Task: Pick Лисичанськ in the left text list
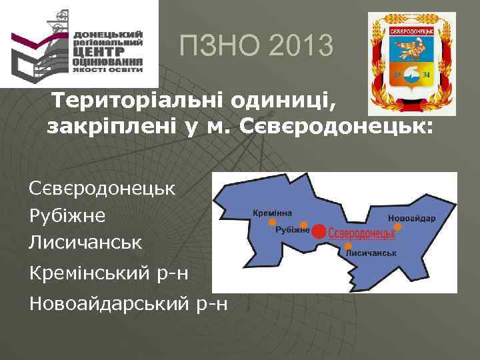click(x=85, y=242)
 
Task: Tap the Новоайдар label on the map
click(x=411, y=218)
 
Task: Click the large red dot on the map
click(x=319, y=231)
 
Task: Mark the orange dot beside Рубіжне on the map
click(x=304, y=225)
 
